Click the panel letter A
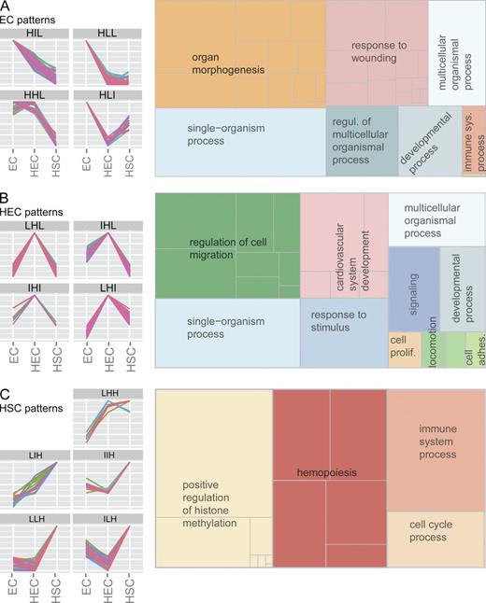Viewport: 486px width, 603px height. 6,7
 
